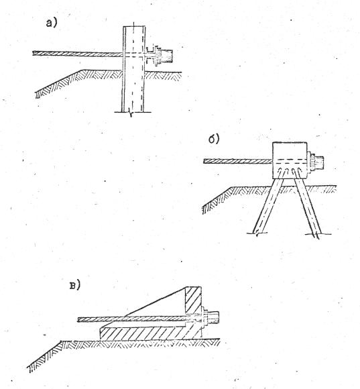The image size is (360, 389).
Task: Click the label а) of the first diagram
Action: pyautogui.click(x=52, y=23)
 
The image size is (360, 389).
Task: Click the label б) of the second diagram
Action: pyautogui.click(x=214, y=140)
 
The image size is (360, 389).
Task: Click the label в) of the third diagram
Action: pyautogui.click(x=75, y=286)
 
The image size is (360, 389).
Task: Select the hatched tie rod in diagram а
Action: pyautogui.click(x=78, y=54)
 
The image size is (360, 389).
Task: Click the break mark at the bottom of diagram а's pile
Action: pyautogui.click(x=131, y=113)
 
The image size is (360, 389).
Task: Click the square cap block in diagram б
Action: pyautogui.click(x=290, y=160)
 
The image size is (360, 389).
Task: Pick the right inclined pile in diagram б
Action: pyautogui.click(x=308, y=205)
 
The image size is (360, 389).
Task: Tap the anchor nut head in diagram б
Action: pyautogui.click(x=318, y=162)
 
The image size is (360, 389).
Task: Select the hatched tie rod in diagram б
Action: pyautogui.click(x=238, y=161)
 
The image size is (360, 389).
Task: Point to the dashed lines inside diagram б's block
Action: pyautogui.click(x=290, y=161)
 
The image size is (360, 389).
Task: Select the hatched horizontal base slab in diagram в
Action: pyautogui.click(x=150, y=333)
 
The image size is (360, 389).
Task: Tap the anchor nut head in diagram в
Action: pyautogui.click(x=213, y=318)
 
